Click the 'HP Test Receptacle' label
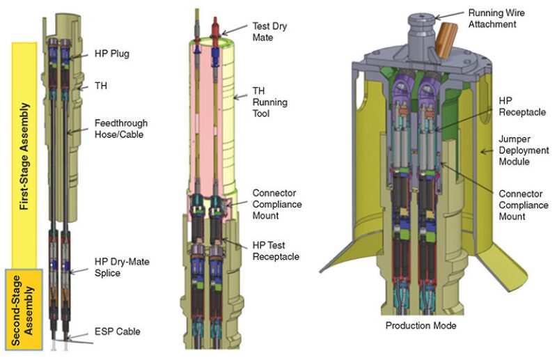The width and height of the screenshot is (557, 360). tap(275, 252)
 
